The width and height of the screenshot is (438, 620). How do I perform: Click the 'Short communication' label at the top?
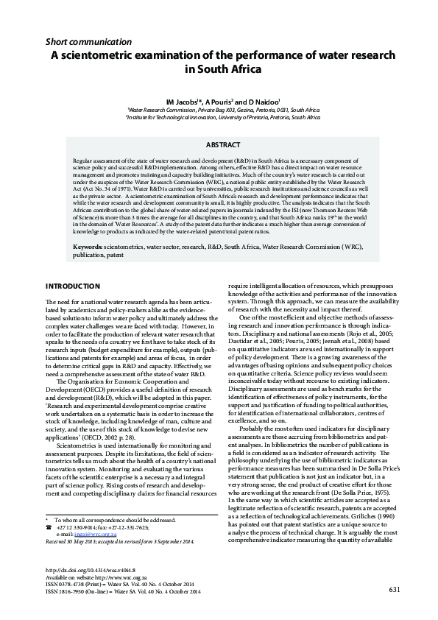pos(88,42)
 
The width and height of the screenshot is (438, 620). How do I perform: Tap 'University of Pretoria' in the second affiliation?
pos(249,116)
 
